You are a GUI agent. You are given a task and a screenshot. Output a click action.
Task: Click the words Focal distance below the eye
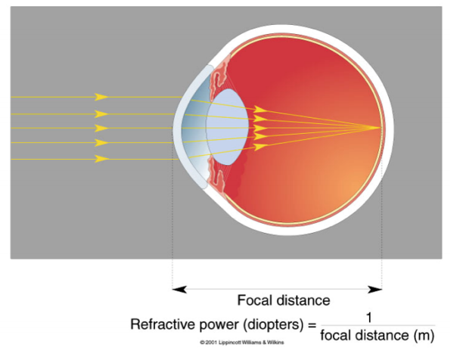[284, 299]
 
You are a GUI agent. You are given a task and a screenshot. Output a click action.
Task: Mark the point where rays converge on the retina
[381, 128]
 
